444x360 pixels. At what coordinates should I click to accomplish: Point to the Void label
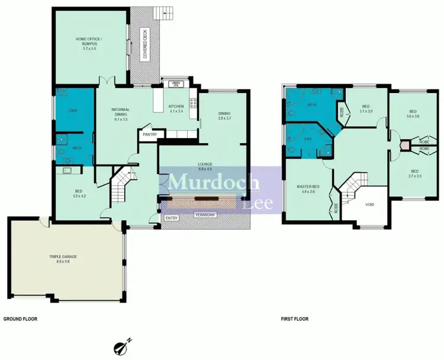pos(370,204)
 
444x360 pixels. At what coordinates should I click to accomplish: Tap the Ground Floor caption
pos(21,319)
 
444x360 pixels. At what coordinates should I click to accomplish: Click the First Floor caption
pos(294,319)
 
